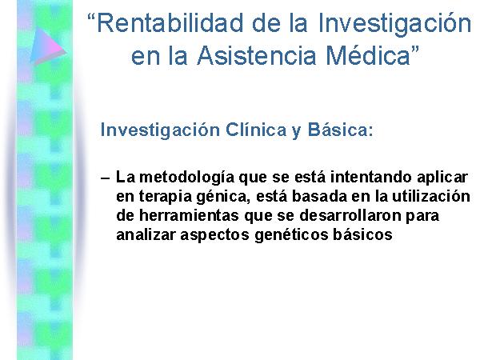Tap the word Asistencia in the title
(257, 56)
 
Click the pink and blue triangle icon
(48, 46)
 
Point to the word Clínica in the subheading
(256, 130)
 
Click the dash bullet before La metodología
(105, 178)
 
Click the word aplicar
(442, 178)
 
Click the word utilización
(431, 197)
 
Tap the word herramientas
(189, 215)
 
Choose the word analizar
(146, 234)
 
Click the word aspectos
(214, 235)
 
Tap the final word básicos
(362, 234)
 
